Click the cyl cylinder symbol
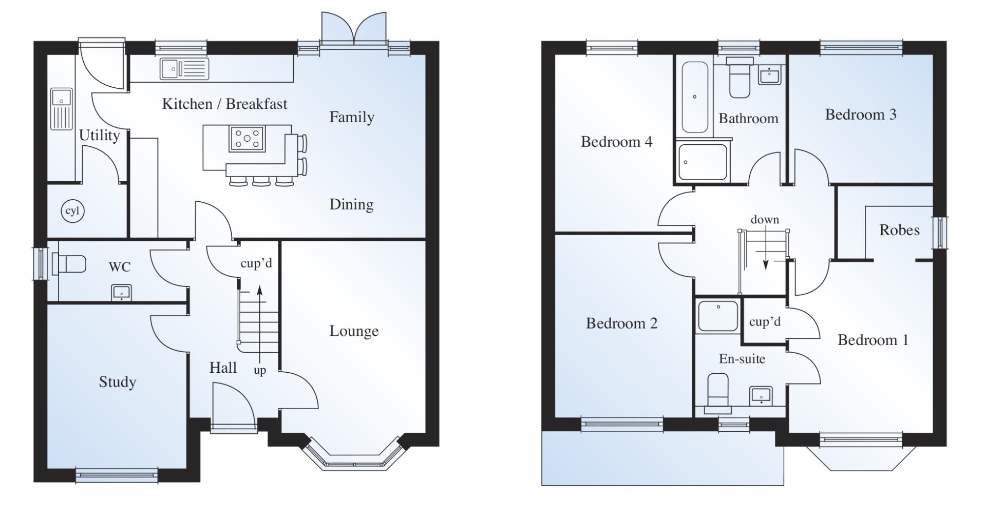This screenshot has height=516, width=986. point(72,211)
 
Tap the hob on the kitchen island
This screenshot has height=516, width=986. point(247,138)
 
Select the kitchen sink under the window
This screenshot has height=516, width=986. point(184,69)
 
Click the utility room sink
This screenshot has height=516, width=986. point(62,109)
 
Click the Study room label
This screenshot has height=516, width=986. point(118,382)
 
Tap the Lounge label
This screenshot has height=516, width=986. point(354,331)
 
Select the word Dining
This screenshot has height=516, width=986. point(351,204)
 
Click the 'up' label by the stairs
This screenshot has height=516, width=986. point(260,371)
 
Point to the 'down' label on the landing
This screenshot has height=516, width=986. point(765,220)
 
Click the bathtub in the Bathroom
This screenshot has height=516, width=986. point(695,98)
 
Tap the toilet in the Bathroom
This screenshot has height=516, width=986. point(740,78)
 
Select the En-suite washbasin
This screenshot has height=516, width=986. point(761,395)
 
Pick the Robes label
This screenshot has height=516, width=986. point(899,230)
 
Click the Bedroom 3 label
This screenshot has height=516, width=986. point(861,114)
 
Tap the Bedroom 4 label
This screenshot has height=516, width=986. point(617,142)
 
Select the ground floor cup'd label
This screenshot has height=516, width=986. point(256,263)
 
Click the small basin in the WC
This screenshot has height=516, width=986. point(122,293)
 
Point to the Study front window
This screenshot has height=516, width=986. point(117,475)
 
